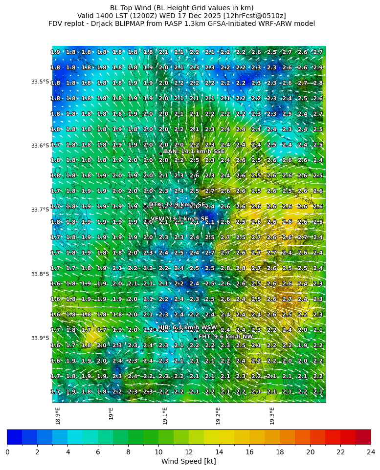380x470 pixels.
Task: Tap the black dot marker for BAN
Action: coord(160,153)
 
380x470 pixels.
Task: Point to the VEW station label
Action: coord(179,219)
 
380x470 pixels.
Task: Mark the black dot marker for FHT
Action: coord(195,339)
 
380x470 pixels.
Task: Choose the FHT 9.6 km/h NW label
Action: coord(225,337)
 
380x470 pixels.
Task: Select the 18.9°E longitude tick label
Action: coord(58,416)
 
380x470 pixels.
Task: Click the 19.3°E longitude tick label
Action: coord(272,416)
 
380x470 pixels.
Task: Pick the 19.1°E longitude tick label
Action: coord(165,416)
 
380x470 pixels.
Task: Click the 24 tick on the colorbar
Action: coord(371,452)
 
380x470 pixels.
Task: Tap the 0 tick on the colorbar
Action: coord(7,452)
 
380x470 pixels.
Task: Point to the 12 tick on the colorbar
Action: coord(189,452)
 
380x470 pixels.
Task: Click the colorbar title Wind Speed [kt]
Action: coord(189,462)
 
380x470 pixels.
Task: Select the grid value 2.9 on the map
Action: coord(318,67)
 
